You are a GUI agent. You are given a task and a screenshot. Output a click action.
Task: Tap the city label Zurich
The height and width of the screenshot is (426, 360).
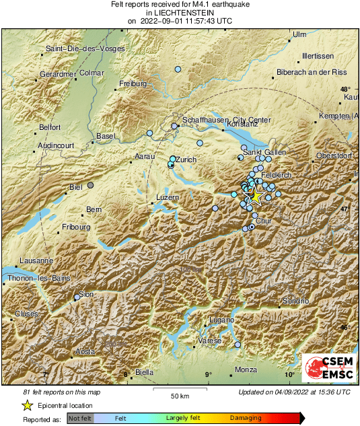coord(186,159)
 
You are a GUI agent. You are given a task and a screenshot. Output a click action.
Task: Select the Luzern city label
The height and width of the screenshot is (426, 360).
coord(168,197)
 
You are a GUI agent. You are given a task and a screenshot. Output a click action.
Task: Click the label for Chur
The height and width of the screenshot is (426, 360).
coord(264,221)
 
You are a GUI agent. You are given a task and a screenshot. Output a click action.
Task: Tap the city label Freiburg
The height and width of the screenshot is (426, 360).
coord(133,84)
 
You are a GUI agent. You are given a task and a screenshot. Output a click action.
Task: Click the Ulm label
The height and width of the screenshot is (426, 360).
coord(299,34)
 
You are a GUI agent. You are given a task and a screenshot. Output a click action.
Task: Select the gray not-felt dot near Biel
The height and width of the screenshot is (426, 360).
coord(90,184)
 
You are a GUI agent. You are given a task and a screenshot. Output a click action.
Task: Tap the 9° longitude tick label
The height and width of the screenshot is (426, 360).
coord(208,375)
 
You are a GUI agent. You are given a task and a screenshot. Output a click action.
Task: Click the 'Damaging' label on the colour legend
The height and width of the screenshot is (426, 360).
coord(246,418)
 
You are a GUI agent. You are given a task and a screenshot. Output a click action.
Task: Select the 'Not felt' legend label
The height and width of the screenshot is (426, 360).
coord(81,418)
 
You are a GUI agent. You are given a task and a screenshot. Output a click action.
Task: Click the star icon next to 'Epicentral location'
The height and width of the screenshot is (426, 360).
coord(27,405)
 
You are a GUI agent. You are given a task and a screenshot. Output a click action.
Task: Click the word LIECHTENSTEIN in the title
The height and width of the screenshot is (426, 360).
coord(180,12)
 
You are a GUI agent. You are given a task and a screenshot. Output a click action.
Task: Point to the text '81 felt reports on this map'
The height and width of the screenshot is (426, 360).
coord(62,392)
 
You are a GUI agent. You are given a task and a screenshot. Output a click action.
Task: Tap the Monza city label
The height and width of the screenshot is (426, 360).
coord(246,369)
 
